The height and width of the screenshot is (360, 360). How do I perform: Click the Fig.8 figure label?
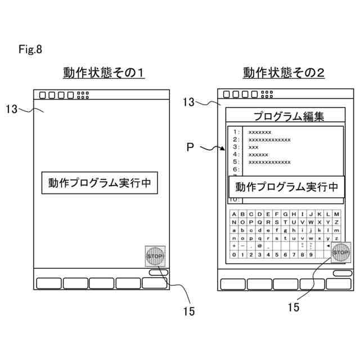coord(30,49)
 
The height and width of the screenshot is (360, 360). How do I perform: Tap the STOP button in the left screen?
coord(155,256)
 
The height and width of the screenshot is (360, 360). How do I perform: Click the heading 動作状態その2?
coord(283,73)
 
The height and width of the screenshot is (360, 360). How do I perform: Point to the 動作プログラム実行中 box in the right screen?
coord(286,187)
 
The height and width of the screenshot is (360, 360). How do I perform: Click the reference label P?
coord(191,147)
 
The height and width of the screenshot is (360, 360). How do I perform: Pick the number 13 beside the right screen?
coord(190,102)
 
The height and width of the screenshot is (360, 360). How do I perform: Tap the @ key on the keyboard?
coord(259,246)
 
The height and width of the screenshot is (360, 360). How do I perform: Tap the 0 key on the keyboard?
coord(234,255)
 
